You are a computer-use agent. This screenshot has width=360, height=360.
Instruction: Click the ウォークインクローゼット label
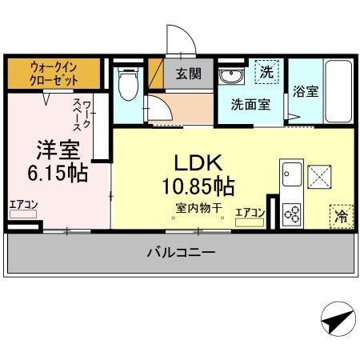tap(54, 74)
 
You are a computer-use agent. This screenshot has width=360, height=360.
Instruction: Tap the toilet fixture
tap(126, 82)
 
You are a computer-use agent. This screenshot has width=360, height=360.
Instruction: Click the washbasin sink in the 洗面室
tap(230, 75)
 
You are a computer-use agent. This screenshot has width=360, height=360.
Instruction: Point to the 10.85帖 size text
tap(199, 187)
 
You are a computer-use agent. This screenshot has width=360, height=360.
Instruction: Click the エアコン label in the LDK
tap(250, 212)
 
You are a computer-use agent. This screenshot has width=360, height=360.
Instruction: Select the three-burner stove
tap(292, 213)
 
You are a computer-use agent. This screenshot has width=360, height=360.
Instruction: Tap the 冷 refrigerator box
tap(342, 214)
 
